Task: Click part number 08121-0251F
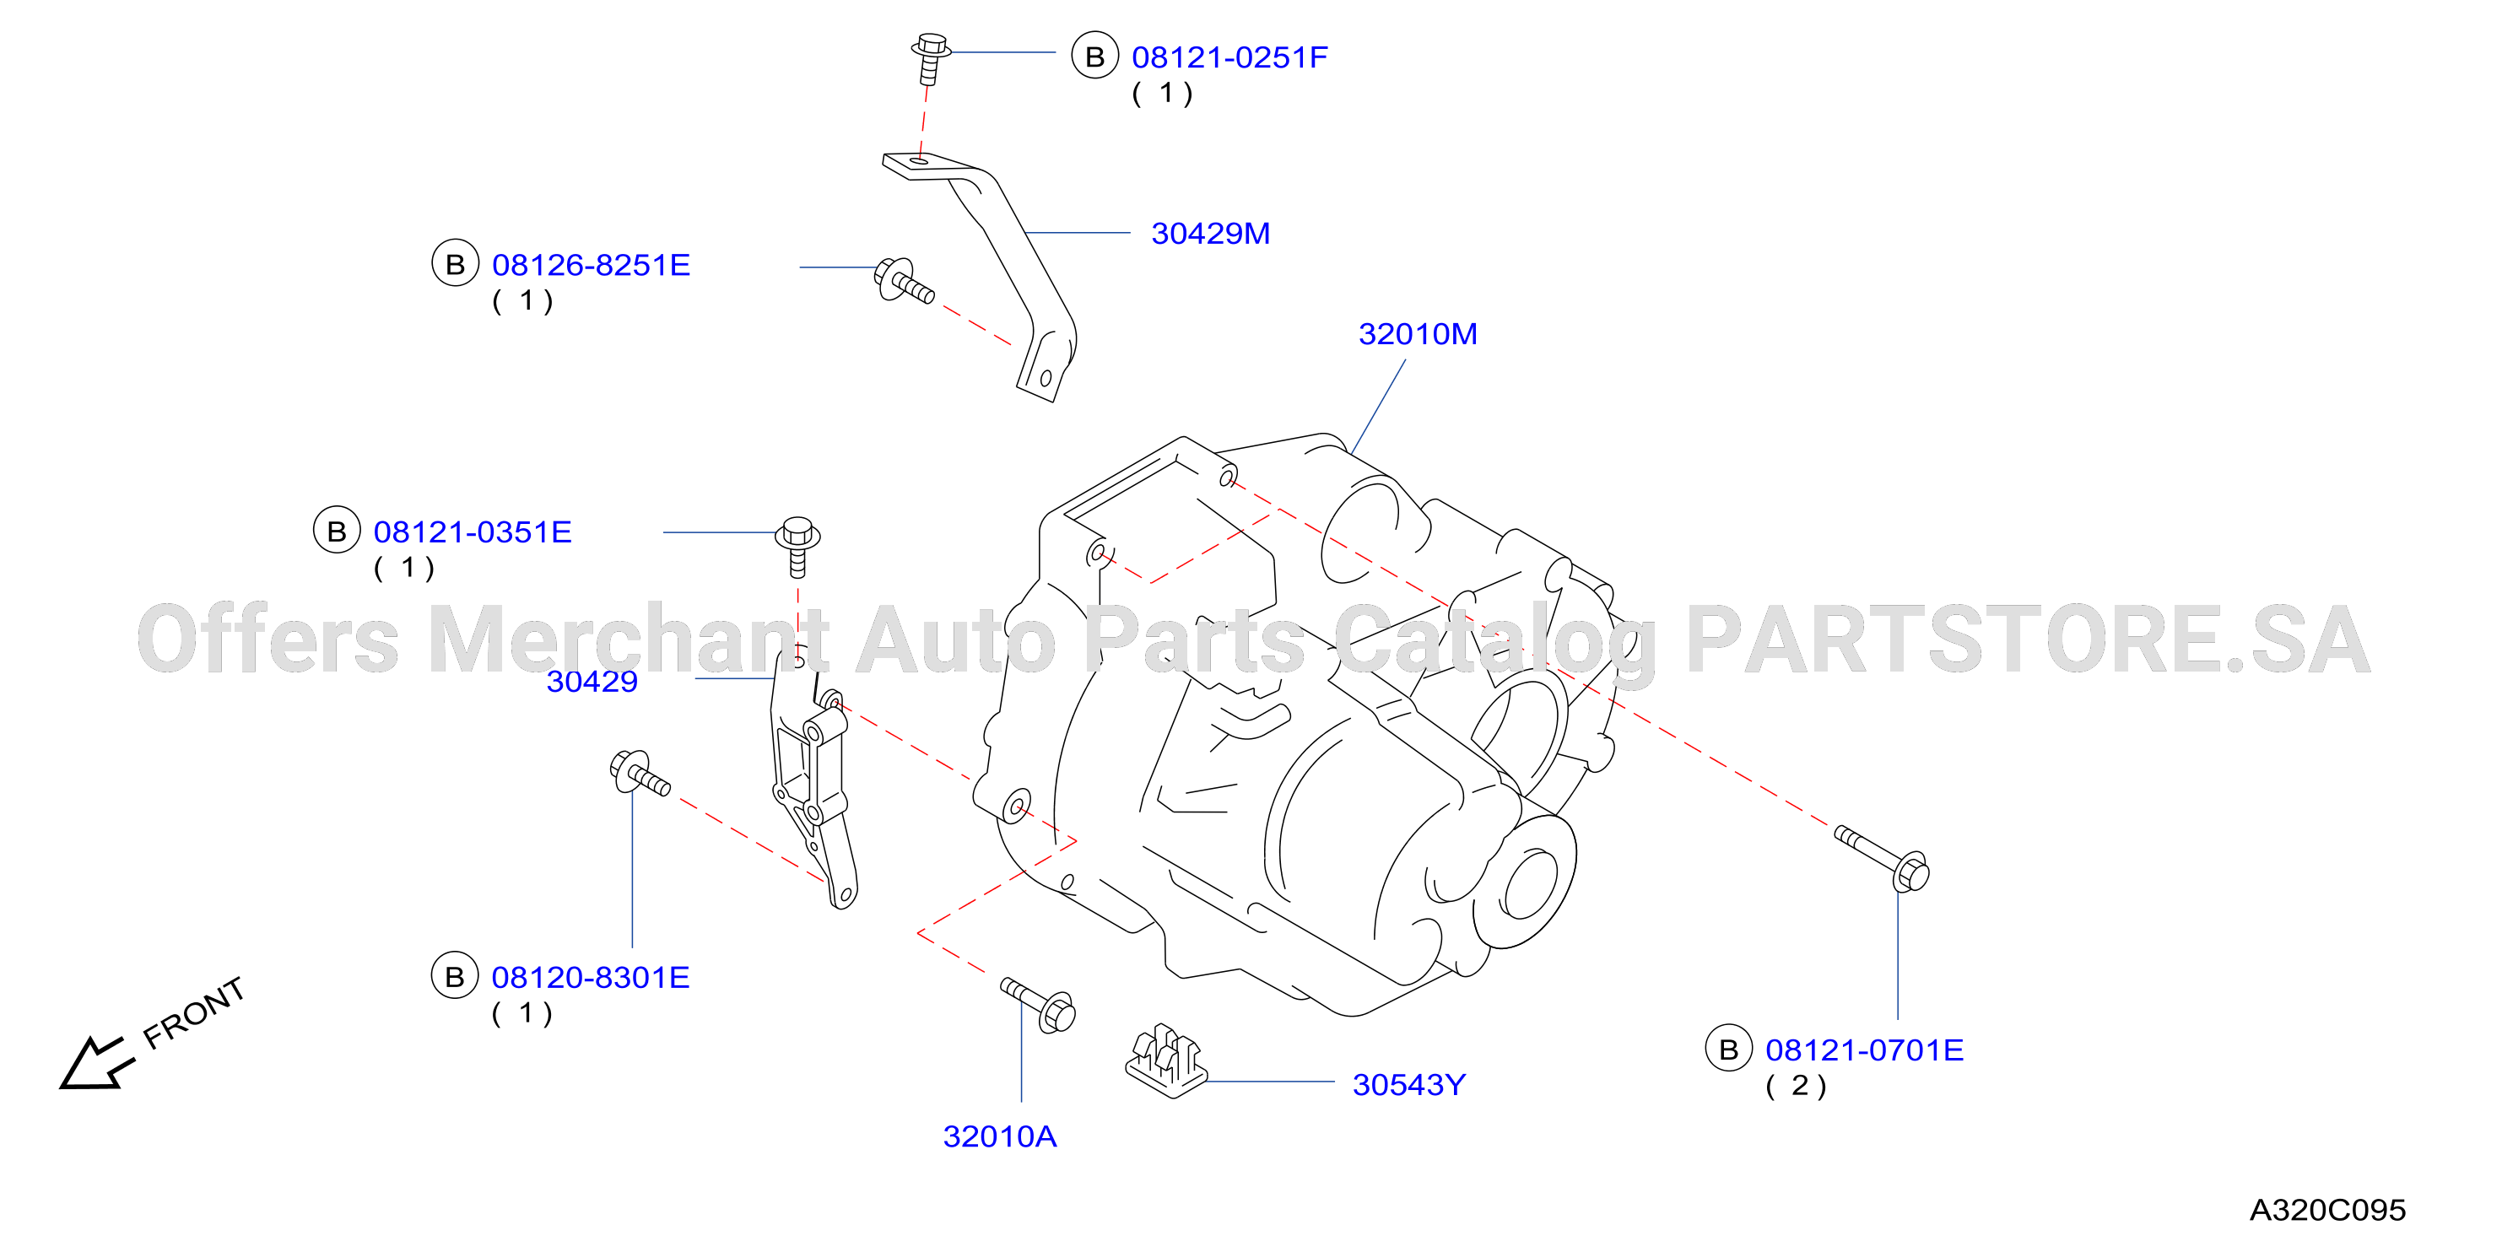1229,57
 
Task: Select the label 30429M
1210,233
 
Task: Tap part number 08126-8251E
591,265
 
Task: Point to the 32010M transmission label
1417,334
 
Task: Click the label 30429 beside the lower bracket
592,681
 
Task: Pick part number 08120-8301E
591,977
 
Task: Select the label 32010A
999,1136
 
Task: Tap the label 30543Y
1409,1085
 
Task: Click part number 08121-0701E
1864,1050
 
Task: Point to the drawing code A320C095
2327,1210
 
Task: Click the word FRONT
193,1013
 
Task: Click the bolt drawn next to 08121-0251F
931,58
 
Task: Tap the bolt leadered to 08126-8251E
903,280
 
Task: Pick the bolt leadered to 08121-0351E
797,547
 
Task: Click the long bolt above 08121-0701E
1883,858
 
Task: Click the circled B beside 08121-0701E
1729,1049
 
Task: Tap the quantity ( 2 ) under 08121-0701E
1796,1086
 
